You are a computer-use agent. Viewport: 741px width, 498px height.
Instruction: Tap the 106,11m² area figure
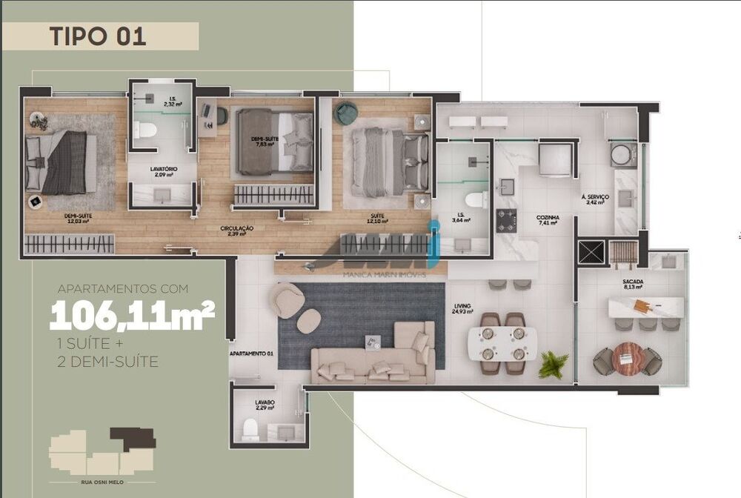(132, 317)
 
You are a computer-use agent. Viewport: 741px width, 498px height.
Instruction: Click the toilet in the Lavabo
(250, 428)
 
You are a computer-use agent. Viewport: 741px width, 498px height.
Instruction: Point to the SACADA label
(631, 282)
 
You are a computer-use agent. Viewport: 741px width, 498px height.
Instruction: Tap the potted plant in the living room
(554, 364)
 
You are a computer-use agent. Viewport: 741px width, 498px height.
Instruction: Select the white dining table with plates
(502, 343)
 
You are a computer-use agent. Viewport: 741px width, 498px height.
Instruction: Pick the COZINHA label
(548, 219)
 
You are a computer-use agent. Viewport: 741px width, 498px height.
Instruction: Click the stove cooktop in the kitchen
(506, 220)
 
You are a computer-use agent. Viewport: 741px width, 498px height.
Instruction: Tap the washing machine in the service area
(622, 155)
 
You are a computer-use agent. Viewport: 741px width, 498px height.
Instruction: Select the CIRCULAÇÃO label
(237, 230)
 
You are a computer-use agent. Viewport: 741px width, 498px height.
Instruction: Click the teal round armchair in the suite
(346, 113)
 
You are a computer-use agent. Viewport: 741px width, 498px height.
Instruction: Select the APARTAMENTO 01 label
(252, 354)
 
